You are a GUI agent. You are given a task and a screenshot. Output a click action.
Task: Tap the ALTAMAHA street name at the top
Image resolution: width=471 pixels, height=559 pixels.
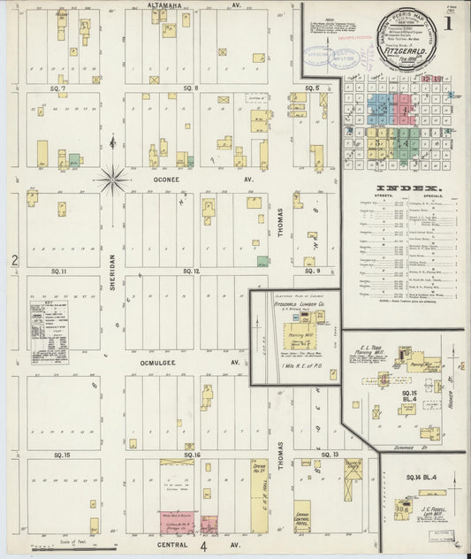coord(169,5)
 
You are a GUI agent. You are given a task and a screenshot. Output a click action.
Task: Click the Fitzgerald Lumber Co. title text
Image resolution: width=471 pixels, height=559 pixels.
coord(300,304)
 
